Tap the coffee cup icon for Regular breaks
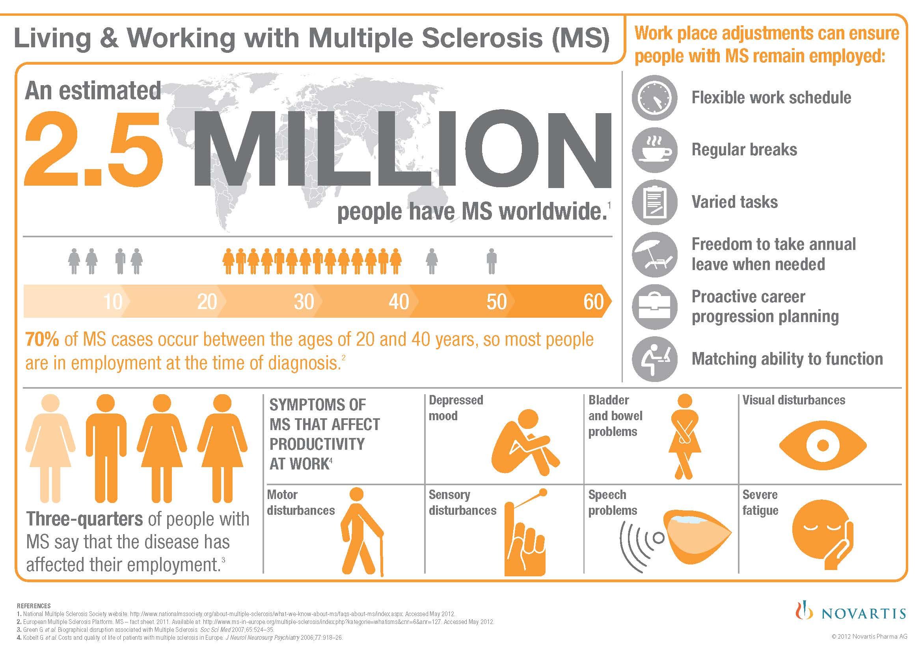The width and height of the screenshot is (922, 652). pyautogui.click(x=655, y=150)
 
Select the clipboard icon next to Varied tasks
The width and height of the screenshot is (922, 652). pyautogui.click(x=655, y=202)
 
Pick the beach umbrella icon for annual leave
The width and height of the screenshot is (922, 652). pyautogui.click(x=655, y=255)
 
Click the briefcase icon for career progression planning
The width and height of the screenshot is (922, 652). pyautogui.click(x=655, y=307)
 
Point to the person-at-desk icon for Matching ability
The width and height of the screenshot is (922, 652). pyautogui.click(x=655, y=358)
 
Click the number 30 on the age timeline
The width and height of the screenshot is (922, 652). pyautogui.click(x=304, y=302)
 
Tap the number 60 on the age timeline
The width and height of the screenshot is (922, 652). pyautogui.click(x=594, y=302)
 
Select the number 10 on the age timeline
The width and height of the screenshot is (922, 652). pyautogui.click(x=112, y=302)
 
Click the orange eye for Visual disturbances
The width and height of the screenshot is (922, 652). pyautogui.click(x=823, y=445)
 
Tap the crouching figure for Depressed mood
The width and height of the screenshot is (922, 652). pyautogui.click(x=525, y=442)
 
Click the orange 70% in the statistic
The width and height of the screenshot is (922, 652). pyautogui.click(x=42, y=340)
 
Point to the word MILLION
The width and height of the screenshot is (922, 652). pyautogui.click(x=402, y=149)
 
